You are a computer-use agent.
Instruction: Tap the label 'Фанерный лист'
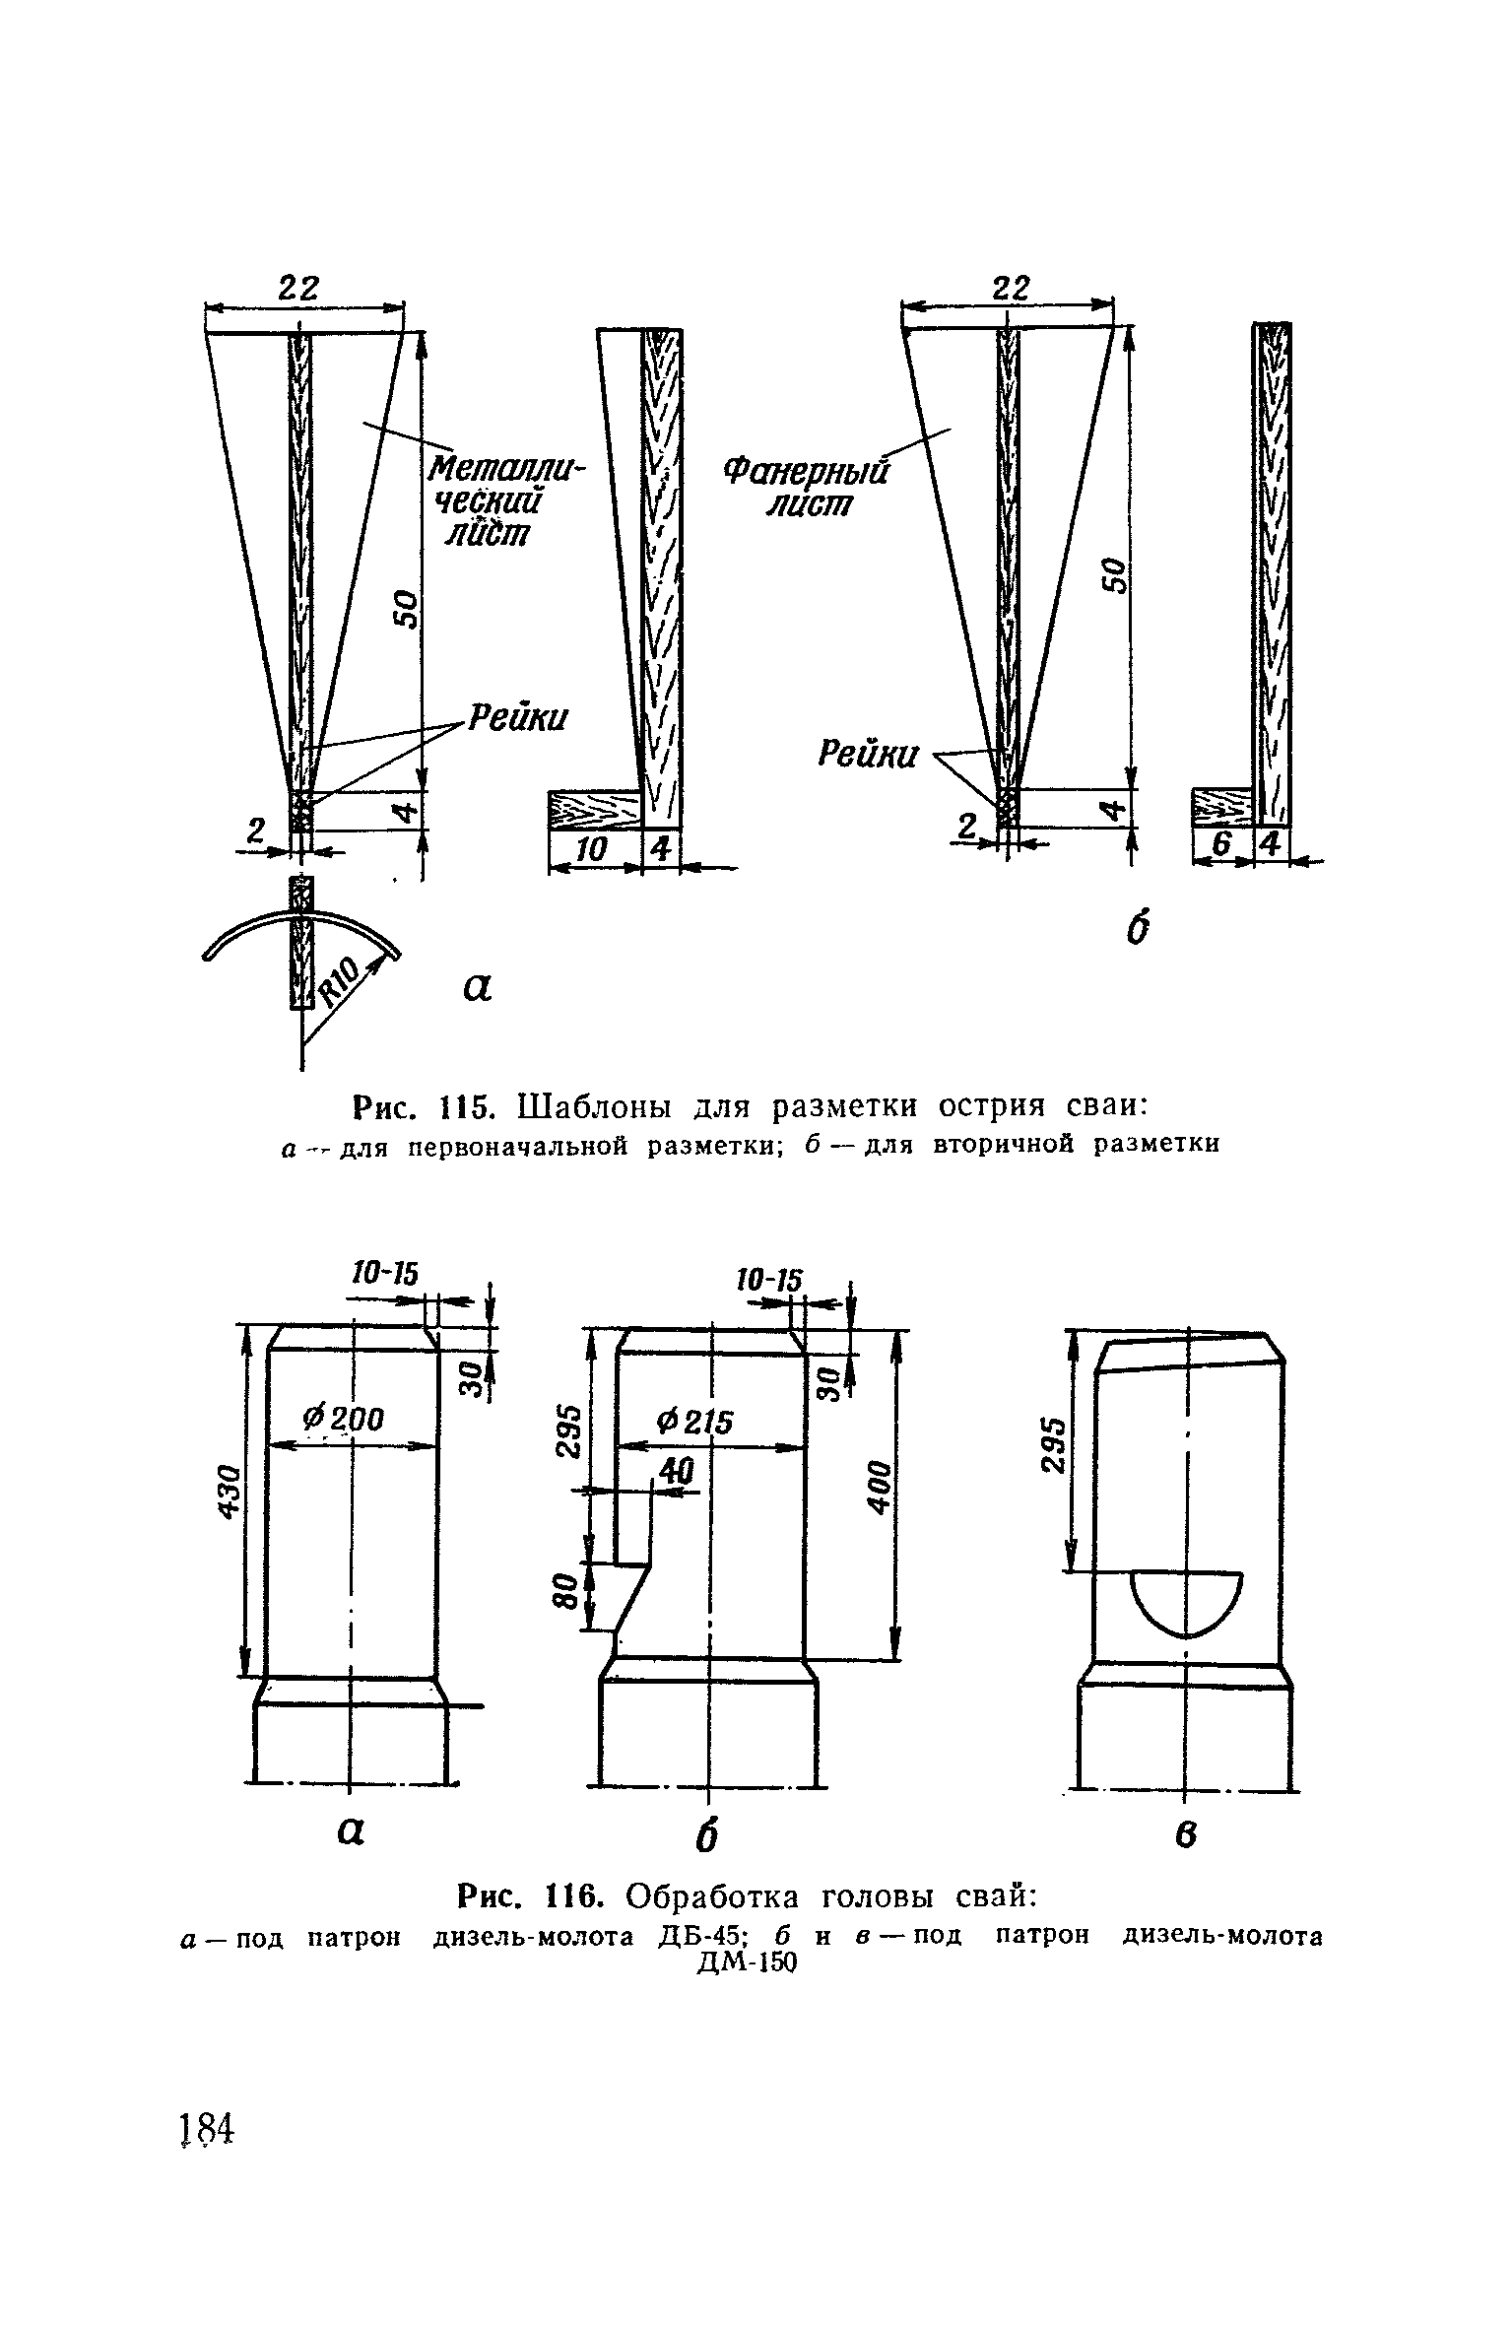coord(807,489)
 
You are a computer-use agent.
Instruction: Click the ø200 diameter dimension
coord(344,1419)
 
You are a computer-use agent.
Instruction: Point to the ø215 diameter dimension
coord(695,1421)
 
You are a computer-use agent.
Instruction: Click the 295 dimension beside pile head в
coord(1054,1446)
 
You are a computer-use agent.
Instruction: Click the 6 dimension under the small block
coord(1221,844)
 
